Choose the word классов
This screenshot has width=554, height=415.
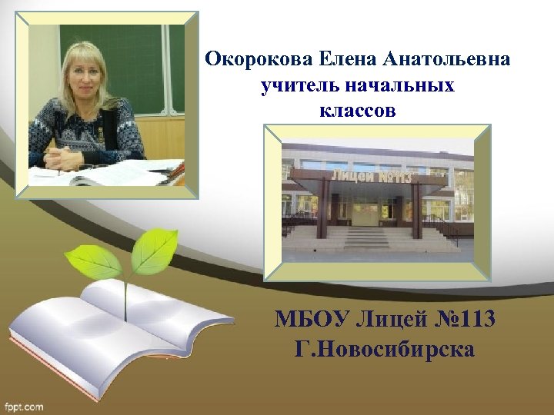(357, 111)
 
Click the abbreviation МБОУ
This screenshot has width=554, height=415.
(311, 318)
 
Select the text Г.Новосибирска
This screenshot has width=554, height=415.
(385, 350)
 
